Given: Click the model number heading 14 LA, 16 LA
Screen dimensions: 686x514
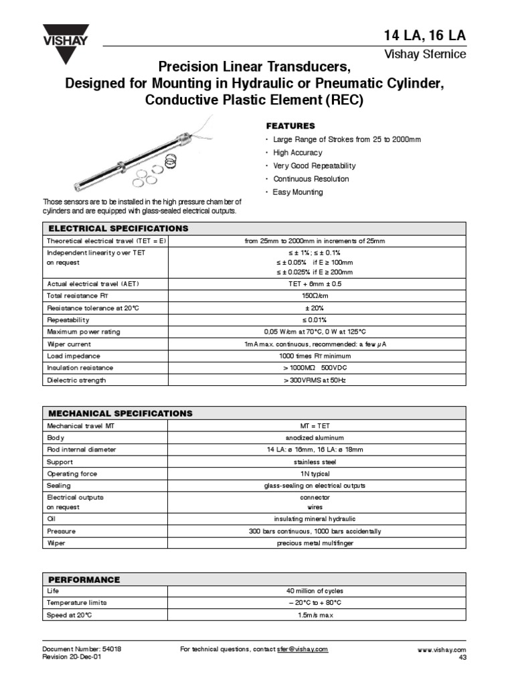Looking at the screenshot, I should [x=424, y=36].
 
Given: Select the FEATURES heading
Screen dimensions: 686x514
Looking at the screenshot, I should [x=290, y=126].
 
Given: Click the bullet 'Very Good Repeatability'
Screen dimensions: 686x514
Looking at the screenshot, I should [x=314, y=165].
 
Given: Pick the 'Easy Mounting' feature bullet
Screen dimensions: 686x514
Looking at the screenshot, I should [x=297, y=192].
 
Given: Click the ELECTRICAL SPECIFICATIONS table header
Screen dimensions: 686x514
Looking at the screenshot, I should [x=117, y=228].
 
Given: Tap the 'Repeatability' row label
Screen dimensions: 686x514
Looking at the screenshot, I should [x=67, y=320].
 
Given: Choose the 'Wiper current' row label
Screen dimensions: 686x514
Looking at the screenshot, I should [x=68, y=344].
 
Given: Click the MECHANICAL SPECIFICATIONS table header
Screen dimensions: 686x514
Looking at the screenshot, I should [x=119, y=413].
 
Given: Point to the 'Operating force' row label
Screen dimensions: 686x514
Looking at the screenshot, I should [x=72, y=474].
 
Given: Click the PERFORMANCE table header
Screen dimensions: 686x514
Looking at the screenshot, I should [x=83, y=579].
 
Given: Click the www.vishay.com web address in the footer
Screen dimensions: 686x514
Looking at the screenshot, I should [x=441, y=650].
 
